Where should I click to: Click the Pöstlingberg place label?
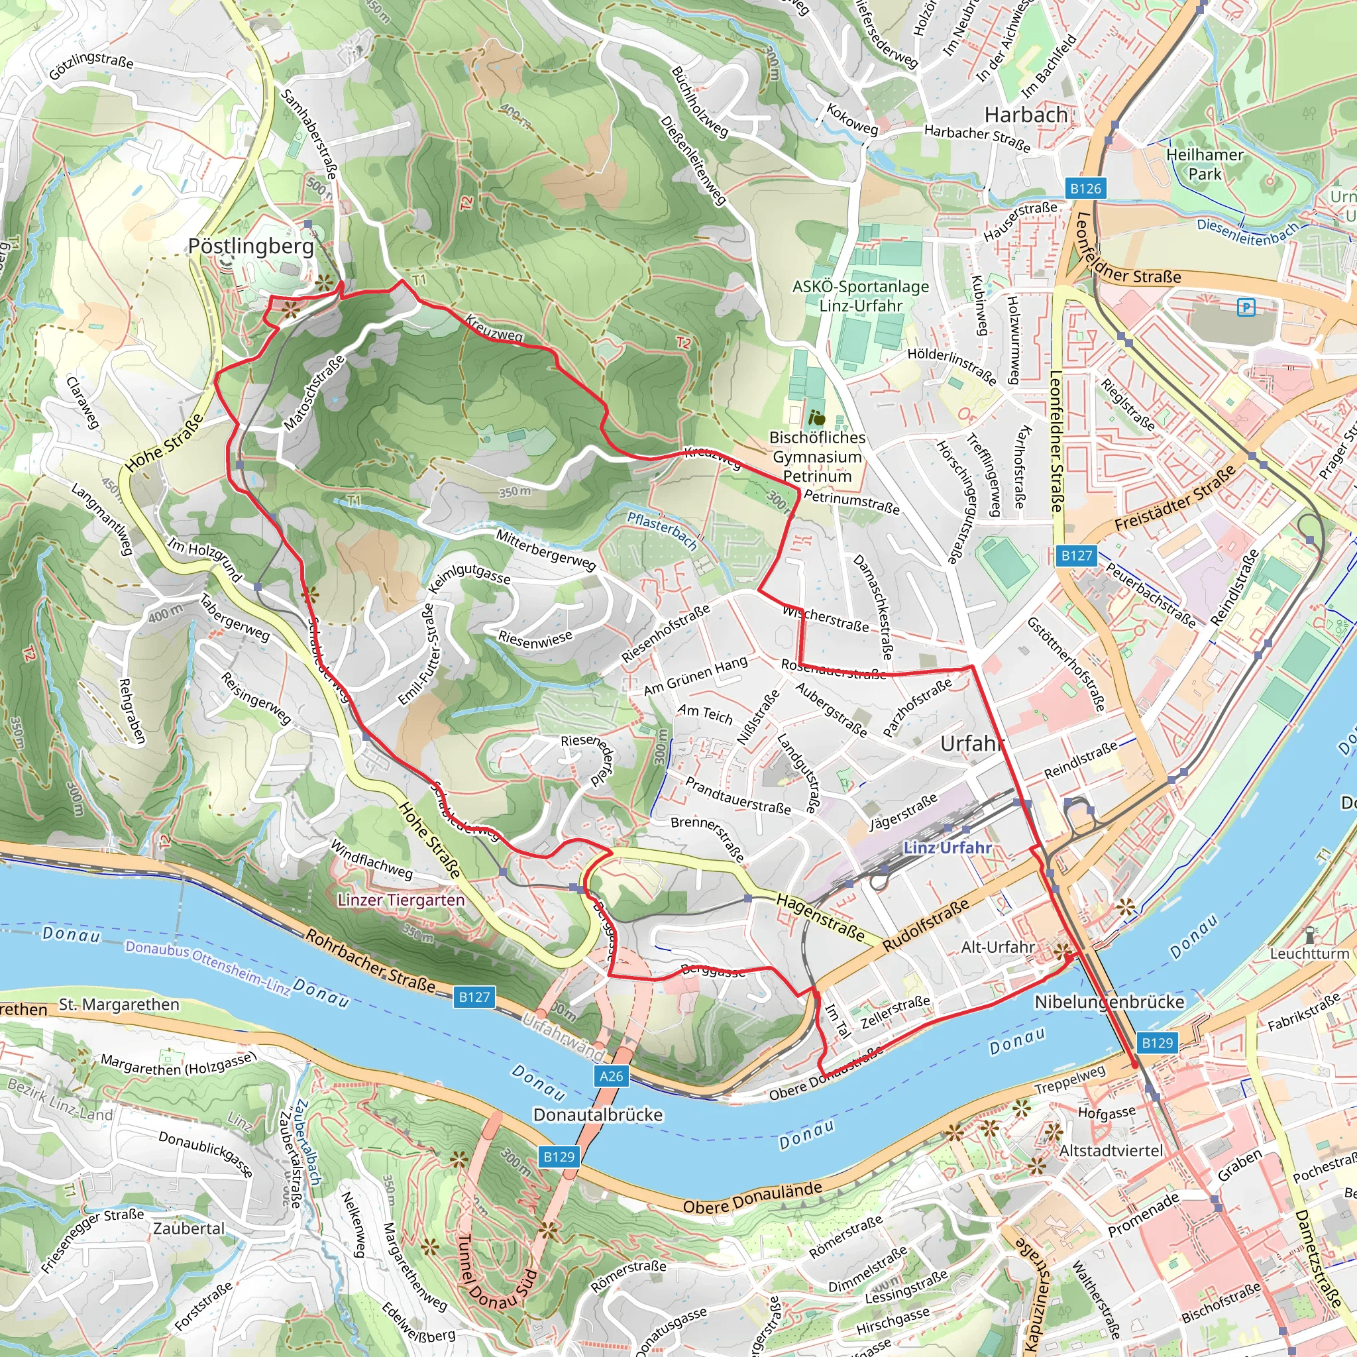pyautogui.click(x=250, y=246)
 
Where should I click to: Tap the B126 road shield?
pyautogui.click(x=1085, y=188)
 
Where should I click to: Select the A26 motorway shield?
pyautogui.click(x=611, y=1075)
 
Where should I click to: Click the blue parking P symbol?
pyautogui.click(x=1246, y=307)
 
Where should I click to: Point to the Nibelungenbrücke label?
pyautogui.click(x=1109, y=1002)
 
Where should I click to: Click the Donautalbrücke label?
pyautogui.click(x=598, y=1114)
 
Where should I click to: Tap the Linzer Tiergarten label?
pyautogui.click(x=401, y=900)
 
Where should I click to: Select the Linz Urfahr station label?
pyautogui.click(x=948, y=847)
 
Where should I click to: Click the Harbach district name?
pyautogui.click(x=1026, y=115)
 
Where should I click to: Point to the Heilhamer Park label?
pyautogui.click(x=1205, y=164)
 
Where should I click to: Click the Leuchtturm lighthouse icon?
pyautogui.click(x=1309, y=935)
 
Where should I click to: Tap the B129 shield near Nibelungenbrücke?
pyautogui.click(x=1157, y=1042)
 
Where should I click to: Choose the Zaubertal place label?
pyautogui.click(x=189, y=1228)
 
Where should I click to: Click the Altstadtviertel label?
pyautogui.click(x=1111, y=1150)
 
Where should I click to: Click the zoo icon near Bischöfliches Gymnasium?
pyautogui.click(x=816, y=418)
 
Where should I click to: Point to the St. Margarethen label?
pyautogui.click(x=119, y=1004)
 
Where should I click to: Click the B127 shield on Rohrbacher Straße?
pyautogui.click(x=474, y=997)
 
